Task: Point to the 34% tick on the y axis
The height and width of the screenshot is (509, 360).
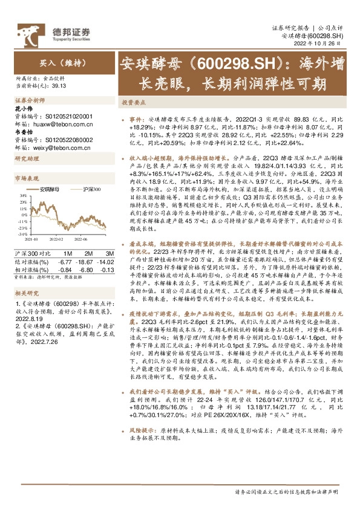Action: pos(23,196)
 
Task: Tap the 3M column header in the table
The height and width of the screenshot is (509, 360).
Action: pos(110,252)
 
